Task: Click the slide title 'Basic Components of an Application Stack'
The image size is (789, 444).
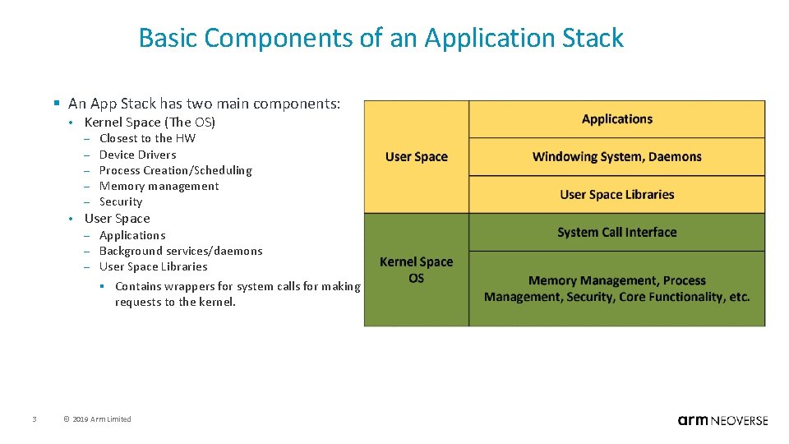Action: click(x=381, y=38)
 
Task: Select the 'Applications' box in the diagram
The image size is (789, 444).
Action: click(x=616, y=119)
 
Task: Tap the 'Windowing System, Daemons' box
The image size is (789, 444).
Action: click(x=616, y=156)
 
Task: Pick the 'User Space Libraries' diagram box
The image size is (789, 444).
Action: click(x=616, y=194)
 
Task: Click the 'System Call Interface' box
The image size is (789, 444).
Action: click(x=616, y=232)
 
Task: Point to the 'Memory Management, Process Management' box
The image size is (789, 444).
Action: click(x=616, y=289)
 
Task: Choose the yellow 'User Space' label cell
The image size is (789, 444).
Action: click(x=417, y=157)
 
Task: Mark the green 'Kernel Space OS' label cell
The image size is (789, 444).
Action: click(x=417, y=270)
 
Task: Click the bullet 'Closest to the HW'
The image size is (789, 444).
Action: click(x=147, y=138)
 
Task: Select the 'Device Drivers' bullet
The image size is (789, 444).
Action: click(x=137, y=155)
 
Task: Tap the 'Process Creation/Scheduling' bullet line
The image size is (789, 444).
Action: click(x=175, y=170)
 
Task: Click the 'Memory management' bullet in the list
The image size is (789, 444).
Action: click(x=159, y=186)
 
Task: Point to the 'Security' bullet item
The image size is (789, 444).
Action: click(x=121, y=201)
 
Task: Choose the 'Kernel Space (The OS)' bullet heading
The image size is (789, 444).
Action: click(x=150, y=122)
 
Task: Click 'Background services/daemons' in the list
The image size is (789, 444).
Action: click(x=181, y=251)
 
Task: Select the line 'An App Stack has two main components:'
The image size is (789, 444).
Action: click(x=204, y=104)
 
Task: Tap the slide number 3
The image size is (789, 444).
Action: click(x=34, y=419)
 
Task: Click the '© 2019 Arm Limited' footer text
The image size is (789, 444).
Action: click(x=97, y=419)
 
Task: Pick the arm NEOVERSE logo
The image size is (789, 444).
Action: click(x=722, y=420)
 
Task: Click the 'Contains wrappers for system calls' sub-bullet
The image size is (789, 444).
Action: click(x=238, y=294)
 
